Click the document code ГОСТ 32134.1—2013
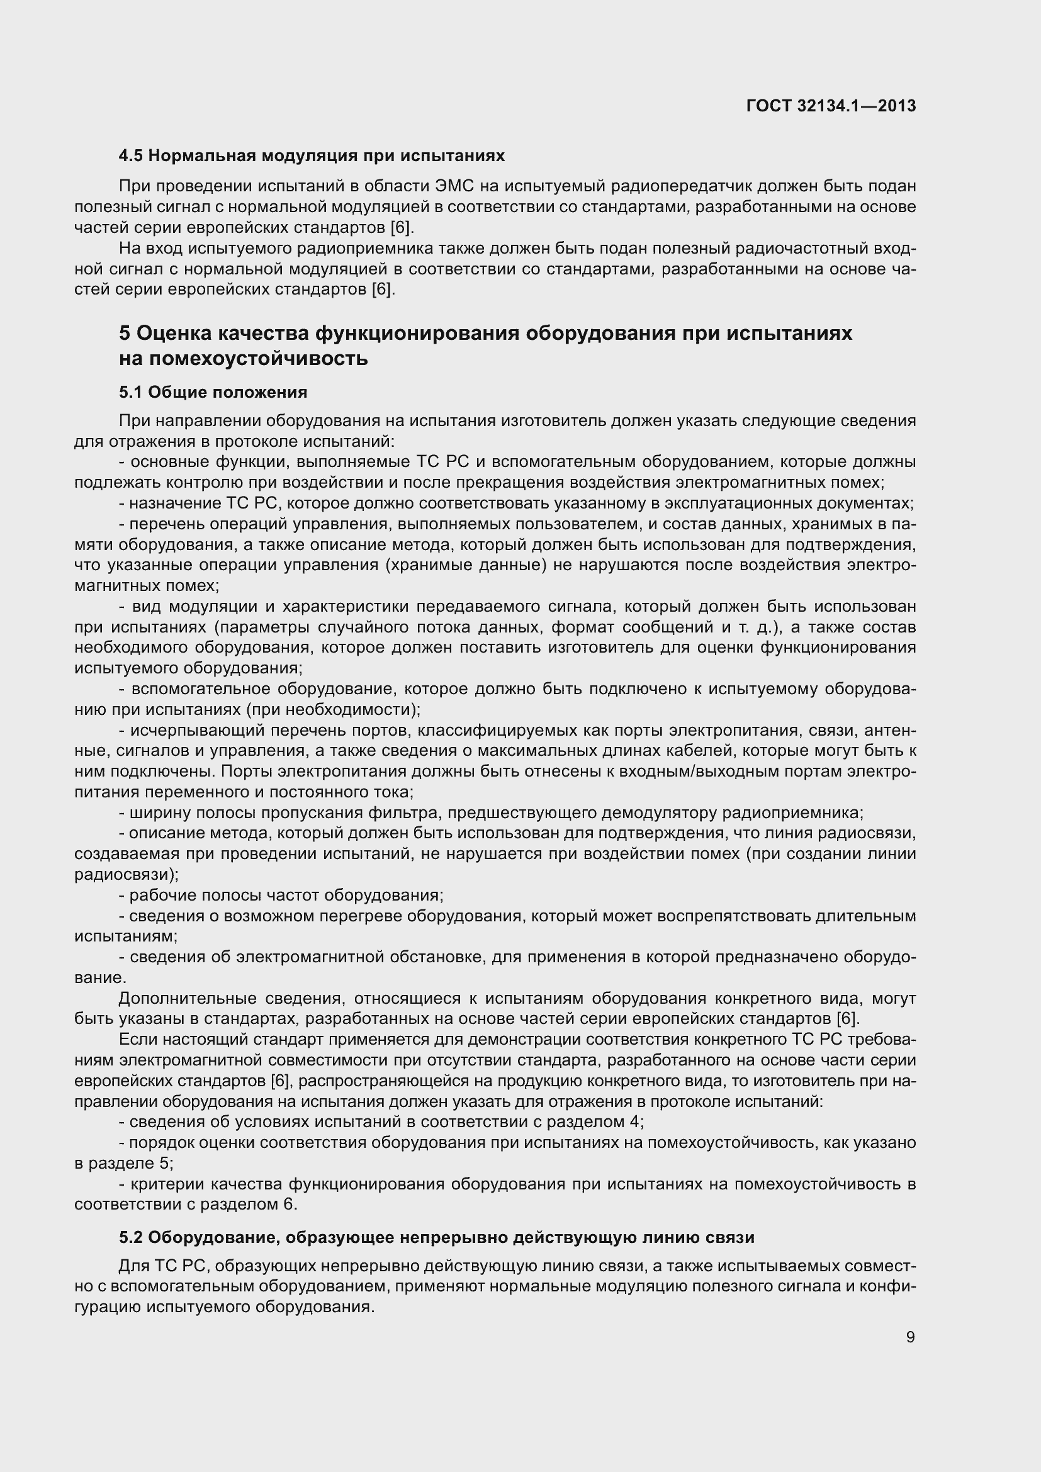(x=831, y=106)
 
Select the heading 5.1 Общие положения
(x=213, y=391)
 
